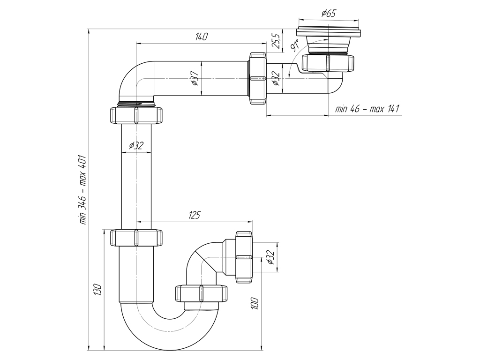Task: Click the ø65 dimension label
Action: [x=329, y=13]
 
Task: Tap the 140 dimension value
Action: [x=202, y=37]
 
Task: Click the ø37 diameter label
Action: [x=194, y=78]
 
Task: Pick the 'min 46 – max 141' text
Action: [x=367, y=109]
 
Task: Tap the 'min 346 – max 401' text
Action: [x=83, y=190]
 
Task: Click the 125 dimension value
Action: [x=194, y=215]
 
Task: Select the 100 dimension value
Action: [x=256, y=304]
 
